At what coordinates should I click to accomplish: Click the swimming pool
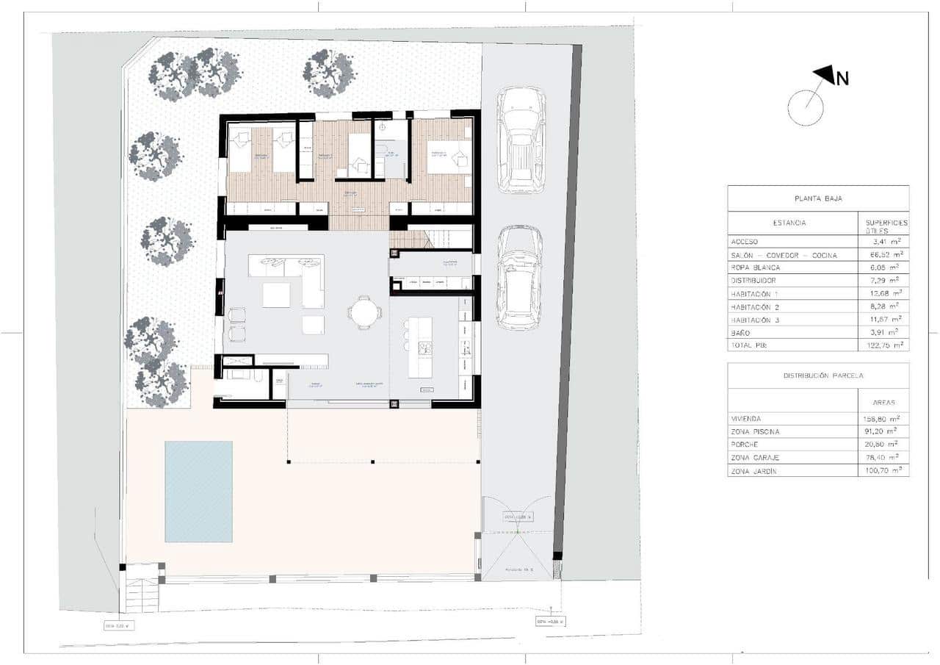[x=198, y=490]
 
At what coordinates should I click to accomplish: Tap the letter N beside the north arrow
[x=842, y=79]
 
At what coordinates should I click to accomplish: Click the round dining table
[x=364, y=312]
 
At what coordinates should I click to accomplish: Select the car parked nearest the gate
[x=520, y=278]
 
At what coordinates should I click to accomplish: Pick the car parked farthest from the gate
[x=520, y=140]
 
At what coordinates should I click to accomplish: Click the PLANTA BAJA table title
[x=817, y=198]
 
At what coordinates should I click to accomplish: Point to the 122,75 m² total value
[x=883, y=345]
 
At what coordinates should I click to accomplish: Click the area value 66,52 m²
[x=883, y=254]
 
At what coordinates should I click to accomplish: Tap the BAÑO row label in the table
[x=742, y=332]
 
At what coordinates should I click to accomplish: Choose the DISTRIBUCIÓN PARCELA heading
[x=817, y=375]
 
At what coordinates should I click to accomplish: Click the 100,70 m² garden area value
[x=883, y=471]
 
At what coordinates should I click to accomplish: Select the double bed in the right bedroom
[x=448, y=157]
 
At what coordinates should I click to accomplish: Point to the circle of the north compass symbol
[x=806, y=108]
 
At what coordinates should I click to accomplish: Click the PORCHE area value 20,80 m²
[x=883, y=445]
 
